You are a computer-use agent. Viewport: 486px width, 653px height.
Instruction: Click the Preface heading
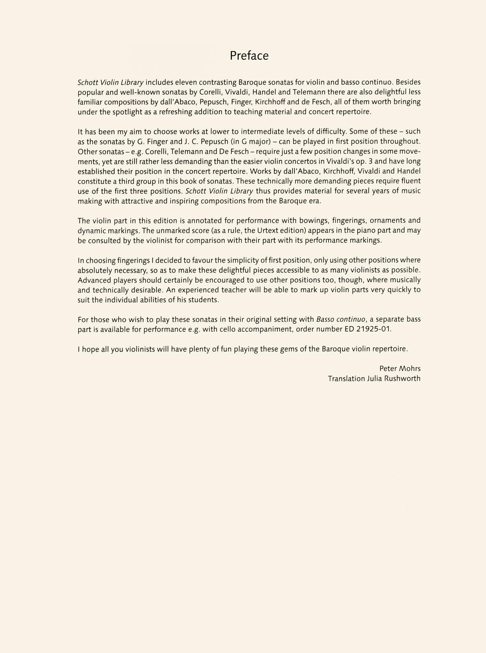click(x=249, y=56)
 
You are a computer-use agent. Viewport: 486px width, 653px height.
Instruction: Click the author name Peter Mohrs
click(x=400, y=369)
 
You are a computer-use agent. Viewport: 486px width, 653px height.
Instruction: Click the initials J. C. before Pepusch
click(x=188, y=142)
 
